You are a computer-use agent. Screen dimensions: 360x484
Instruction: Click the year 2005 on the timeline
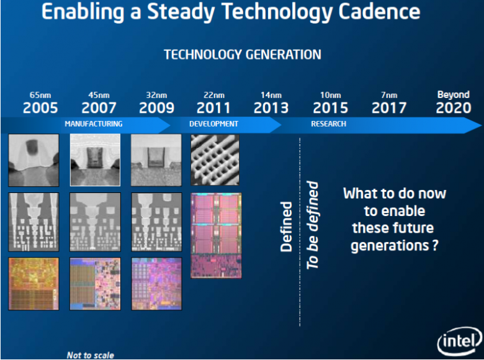(40, 108)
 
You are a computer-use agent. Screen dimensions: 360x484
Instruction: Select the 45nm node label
(99, 95)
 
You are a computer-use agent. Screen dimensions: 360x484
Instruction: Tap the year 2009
(156, 108)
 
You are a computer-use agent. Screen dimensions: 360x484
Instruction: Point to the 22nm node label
(213, 95)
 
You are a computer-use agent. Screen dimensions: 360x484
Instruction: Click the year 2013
(271, 108)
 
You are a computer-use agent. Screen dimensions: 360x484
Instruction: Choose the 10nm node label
(331, 95)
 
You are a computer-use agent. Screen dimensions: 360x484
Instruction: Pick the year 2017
(389, 108)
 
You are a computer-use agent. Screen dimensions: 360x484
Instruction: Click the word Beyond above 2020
(454, 95)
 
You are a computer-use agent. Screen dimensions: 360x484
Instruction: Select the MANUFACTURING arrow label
(94, 124)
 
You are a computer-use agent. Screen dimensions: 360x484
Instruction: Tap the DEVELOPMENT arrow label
(213, 124)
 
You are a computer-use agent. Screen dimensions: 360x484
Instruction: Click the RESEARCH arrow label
(328, 124)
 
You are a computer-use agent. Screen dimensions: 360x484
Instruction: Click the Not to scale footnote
(90, 355)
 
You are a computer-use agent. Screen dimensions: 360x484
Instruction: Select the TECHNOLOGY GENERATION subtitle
(243, 55)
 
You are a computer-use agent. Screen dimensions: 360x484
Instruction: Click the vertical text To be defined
(313, 225)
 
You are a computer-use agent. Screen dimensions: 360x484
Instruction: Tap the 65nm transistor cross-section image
(34, 161)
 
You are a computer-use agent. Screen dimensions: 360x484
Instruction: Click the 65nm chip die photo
(34, 283)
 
